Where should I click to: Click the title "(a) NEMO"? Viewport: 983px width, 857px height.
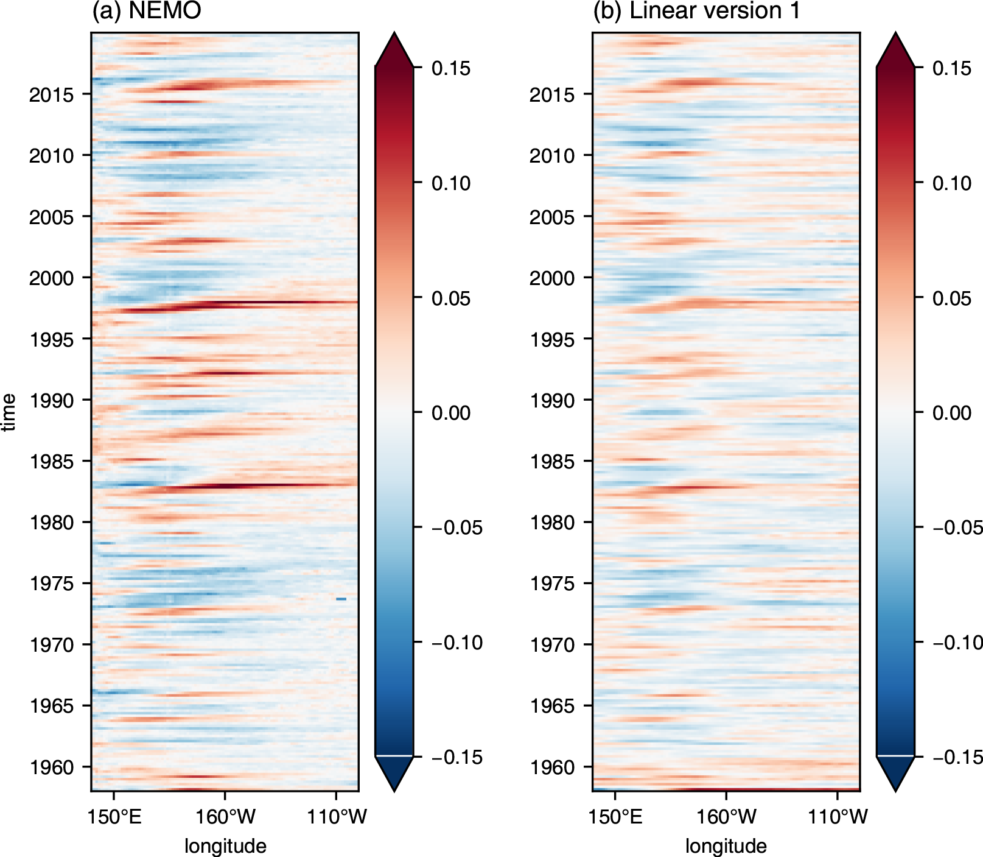tap(146, 11)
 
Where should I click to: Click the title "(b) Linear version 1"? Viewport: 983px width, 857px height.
tap(696, 11)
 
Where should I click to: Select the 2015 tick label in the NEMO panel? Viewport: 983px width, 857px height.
tap(51, 95)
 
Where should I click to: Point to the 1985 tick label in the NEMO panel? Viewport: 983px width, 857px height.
tap(51, 462)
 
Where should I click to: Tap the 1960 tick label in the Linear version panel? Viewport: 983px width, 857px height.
tap(552, 767)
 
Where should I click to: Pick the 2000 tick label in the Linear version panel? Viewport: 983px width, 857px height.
tap(552, 278)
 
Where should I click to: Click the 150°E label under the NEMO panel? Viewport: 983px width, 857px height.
tap(114, 817)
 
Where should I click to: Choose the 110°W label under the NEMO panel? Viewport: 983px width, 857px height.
tap(337, 817)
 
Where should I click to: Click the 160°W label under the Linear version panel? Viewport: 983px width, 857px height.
tap(726, 817)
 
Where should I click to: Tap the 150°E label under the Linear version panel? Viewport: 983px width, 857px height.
tap(615, 817)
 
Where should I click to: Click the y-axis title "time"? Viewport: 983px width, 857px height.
tap(9, 412)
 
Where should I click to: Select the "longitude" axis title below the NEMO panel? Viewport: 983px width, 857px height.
tap(225, 846)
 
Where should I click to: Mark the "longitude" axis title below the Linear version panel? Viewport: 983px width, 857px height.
tap(726, 846)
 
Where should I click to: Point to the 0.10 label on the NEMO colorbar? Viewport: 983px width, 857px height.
tap(451, 183)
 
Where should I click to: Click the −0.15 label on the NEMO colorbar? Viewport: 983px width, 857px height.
tap(457, 757)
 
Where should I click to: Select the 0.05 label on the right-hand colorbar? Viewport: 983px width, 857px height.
tap(952, 298)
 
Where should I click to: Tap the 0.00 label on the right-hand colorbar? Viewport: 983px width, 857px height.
tap(952, 413)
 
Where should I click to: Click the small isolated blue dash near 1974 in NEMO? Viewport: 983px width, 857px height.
tap(341, 599)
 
